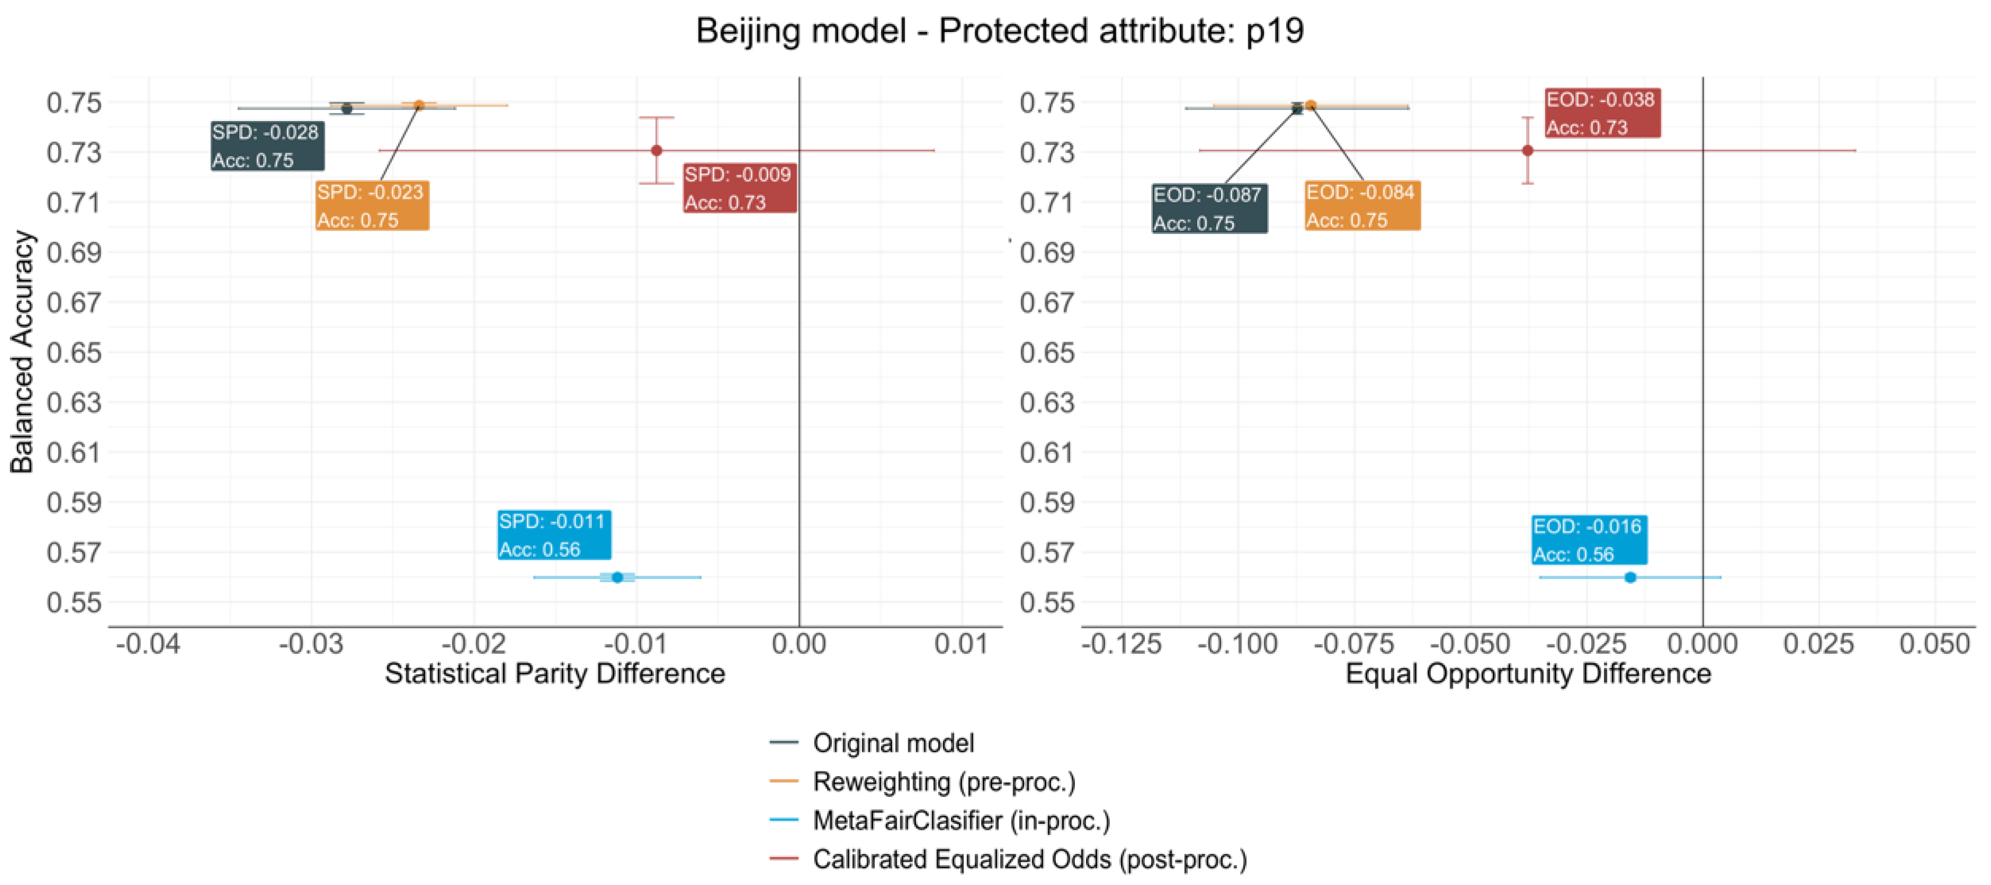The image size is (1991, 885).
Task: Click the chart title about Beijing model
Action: pos(999,31)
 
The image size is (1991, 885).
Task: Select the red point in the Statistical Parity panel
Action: pos(656,151)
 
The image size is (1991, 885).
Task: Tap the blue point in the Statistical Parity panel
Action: pos(617,578)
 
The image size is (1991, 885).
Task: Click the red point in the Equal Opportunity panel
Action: pos(1527,151)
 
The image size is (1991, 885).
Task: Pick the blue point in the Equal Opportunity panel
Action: pos(1630,578)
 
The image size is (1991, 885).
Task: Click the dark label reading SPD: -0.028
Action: pos(267,146)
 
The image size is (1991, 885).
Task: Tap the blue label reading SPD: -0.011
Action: pos(553,535)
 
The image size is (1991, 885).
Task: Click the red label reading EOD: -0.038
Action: pos(1602,114)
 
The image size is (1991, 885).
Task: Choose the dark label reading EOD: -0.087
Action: pos(1208,208)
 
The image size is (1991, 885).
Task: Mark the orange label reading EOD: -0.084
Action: pos(1362,206)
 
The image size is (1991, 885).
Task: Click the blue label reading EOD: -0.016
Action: pos(1588,540)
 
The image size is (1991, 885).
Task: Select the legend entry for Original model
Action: pos(893,743)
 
